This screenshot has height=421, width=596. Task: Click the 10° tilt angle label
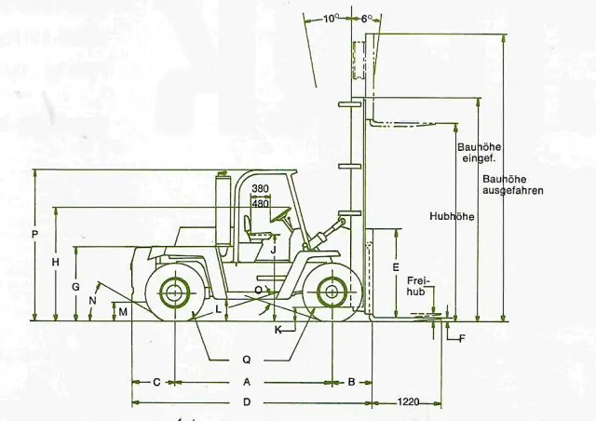coord(332,19)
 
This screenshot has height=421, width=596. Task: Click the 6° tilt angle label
coord(366,19)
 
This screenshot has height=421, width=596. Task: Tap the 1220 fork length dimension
coord(408,402)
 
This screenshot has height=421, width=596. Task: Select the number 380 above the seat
coord(261,188)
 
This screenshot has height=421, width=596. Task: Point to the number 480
coord(261,203)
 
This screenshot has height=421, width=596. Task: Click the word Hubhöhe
coord(452,216)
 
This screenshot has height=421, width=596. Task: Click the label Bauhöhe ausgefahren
coord(513,184)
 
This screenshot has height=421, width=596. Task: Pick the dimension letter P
coord(35,235)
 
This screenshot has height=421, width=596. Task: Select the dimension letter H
coord(56,262)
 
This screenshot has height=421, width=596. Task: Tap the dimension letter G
coord(76,287)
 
